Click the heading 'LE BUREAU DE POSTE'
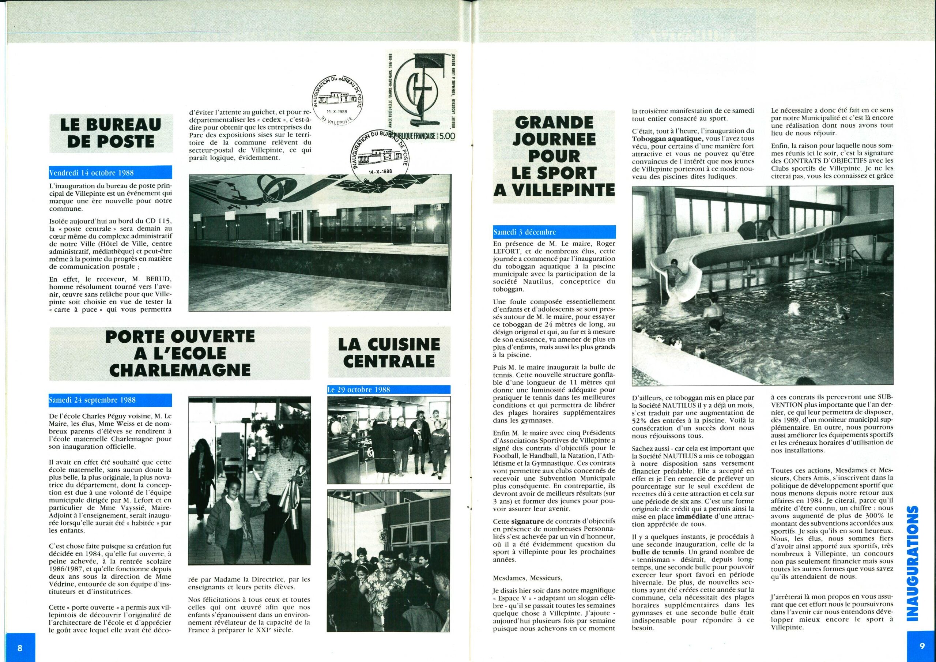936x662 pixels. pyautogui.click(x=111, y=133)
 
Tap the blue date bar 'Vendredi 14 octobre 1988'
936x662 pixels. pyautogui.click(x=110, y=173)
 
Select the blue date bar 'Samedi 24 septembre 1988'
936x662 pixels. pyautogui.click(x=110, y=400)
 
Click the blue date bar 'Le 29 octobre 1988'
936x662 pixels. pyautogui.click(x=389, y=390)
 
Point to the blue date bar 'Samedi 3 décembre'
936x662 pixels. pyautogui.click(x=554, y=232)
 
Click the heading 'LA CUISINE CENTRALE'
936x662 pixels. pyautogui.click(x=389, y=353)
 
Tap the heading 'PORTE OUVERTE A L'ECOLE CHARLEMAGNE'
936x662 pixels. pyautogui.click(x=180, y=353)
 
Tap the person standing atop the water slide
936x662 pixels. pyautogui.click(x=759, y=231)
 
